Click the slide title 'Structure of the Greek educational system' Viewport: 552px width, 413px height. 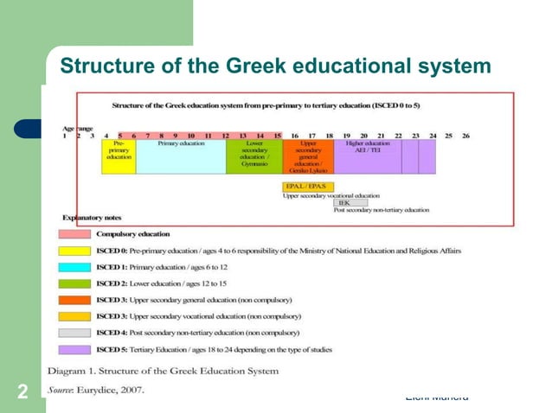pyautogui.click(x=274, y=66)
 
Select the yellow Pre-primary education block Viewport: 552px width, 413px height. pyautogui.click(x=119, y=156)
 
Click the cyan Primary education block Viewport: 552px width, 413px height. pyautogui.click(x=180, y=156)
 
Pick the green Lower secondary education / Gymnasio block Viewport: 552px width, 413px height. pyautogui.click(x=254, y=156)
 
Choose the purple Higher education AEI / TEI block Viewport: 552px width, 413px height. pyautogui.click(x=368, y=156)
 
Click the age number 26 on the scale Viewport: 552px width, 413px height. pyautogui.click(x=465, y=136)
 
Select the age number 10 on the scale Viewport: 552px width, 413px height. pyautogui.click(x=191, y=136)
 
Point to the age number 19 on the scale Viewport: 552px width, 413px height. pyautogui.click(x=346, y=136)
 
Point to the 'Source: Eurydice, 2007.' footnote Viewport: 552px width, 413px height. pyautogui.click(x=95, y=389)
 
